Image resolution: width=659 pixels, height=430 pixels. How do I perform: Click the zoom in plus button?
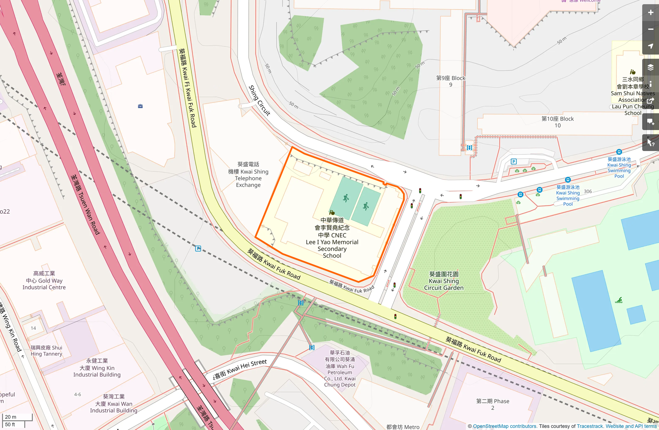click(x=650, y=13)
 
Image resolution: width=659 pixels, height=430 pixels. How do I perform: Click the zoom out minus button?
click(x=650, y=29)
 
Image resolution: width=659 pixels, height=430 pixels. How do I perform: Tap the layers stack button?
click(x=650, y=67)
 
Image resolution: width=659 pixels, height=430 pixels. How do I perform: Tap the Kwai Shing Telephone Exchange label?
click(x=248, y=174)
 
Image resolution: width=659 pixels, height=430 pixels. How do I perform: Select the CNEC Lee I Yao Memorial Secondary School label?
click(x=332, y=238)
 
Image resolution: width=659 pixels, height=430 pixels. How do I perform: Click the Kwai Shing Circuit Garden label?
click(x=444, y=281)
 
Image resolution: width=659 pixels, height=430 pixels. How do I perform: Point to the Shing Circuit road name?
click(x=259, y=100)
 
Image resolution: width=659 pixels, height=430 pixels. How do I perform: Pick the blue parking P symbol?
click(x=513, y=162)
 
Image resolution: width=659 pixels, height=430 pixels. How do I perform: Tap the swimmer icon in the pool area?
click(x=619, y=300)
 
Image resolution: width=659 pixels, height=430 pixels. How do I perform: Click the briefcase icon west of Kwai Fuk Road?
click(x=140, y=106)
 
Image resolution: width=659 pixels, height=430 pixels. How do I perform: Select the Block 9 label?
click(x=451, y=81)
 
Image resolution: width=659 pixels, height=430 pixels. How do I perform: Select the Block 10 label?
click(x=558, y=122)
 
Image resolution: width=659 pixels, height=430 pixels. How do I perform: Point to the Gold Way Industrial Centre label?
click(x=44, y=280)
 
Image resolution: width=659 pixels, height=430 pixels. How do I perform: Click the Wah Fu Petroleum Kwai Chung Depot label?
click(x=340, y=369)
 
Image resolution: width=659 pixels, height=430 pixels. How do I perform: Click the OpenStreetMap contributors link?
click(x=504, y=426)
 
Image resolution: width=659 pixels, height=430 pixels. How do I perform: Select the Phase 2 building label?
click(x=493, y=404)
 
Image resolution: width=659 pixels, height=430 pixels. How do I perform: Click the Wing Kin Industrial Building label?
click(x=97, y=368)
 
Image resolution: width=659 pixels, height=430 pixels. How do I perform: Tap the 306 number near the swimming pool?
click(x=588, y=192)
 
